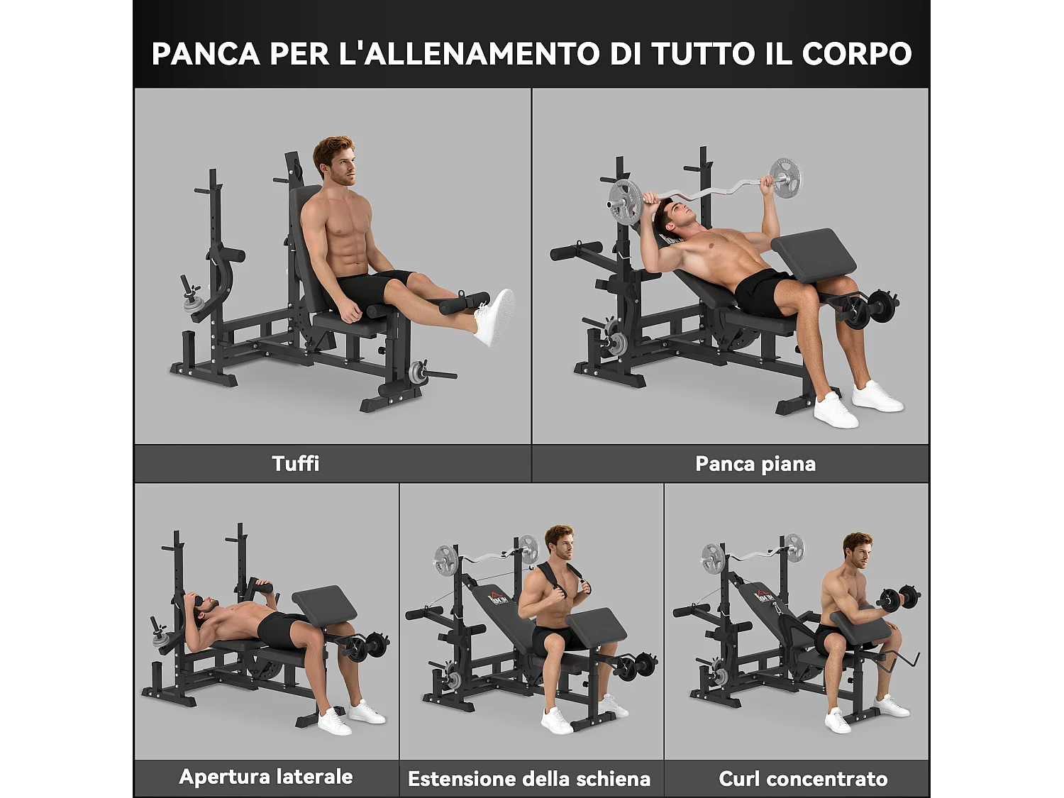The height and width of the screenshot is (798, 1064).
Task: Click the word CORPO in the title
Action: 856,54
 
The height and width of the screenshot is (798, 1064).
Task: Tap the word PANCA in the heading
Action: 206,54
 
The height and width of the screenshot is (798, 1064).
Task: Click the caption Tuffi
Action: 296,464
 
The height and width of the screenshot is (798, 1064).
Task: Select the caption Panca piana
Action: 755,464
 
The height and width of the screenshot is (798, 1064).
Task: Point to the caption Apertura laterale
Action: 266,777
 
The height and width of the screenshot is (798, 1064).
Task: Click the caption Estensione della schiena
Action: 529,779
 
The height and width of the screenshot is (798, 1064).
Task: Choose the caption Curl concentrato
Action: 803,779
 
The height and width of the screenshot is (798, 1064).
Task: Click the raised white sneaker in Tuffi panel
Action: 494,317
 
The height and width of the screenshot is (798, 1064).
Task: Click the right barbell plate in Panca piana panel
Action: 787,177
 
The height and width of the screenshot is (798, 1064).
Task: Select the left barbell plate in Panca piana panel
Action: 625,202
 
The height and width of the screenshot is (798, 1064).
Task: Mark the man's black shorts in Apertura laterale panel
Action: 280,630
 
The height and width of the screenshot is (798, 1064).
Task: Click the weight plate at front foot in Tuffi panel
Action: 419,372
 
